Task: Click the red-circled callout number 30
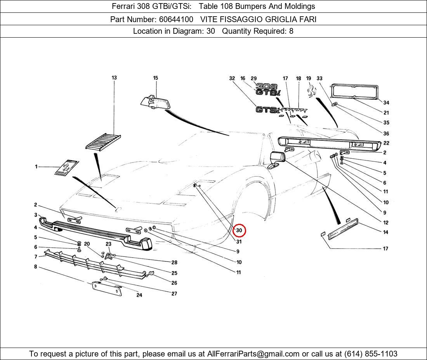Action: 239,230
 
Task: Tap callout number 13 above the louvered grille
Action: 114,78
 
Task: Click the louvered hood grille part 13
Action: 103,141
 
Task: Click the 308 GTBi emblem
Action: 267,90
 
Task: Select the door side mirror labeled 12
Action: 277,159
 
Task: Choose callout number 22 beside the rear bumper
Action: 386,143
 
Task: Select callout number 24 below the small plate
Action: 139,295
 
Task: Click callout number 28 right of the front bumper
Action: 174,263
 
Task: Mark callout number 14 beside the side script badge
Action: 385,232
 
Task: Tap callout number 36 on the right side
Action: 386,133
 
